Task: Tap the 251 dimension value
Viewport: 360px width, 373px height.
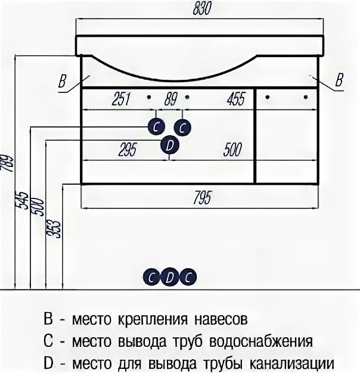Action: (x=121, y=99)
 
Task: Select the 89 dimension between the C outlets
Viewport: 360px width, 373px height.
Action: (x=170, y=99)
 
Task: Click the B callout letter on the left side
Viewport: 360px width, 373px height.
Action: (x=61, y=82)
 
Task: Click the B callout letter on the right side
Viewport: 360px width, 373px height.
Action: (x=339, y=80)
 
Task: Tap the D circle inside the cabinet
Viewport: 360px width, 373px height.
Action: (x=170, y=145)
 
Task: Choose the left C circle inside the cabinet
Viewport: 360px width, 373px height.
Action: (x=156, y=127)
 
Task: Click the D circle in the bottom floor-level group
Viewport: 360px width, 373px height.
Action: (x=170, y=277)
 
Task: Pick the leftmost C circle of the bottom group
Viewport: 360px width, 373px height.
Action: (x=152, y=277)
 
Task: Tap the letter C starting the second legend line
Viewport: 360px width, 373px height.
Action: (x=48, y=341)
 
